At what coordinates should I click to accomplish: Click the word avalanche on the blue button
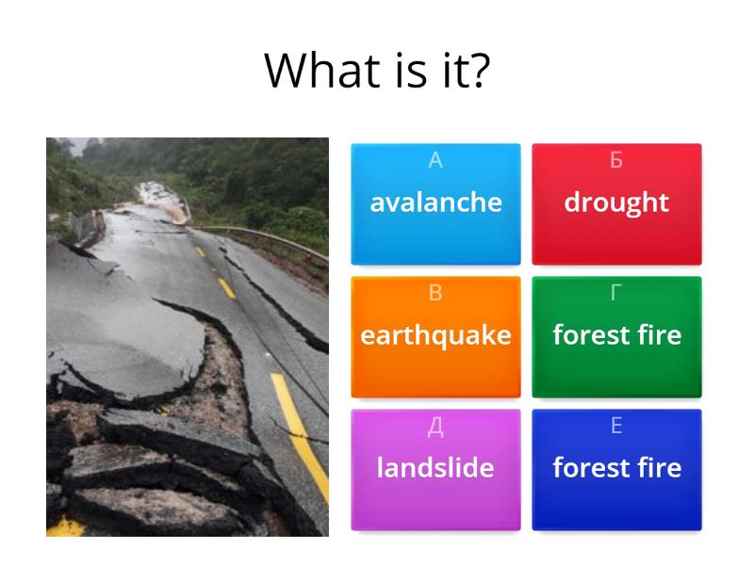coord(435,202)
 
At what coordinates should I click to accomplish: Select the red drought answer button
coord(616,202)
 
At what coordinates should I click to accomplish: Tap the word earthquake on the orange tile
coord(435,335)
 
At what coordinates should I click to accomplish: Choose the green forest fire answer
coord(616,335)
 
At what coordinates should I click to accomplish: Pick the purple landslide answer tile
coord(435,468)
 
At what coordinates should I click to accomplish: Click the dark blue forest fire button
coord(616,468)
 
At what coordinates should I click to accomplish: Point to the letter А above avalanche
coord(435,161)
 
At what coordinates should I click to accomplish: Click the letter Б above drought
coord(616,161)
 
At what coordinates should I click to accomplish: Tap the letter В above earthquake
coord(435,294)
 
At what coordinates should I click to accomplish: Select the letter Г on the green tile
coord(616,294)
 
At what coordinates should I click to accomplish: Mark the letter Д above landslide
coord(435,427)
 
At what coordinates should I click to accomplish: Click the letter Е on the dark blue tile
coord(616,427)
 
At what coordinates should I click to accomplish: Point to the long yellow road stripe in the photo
coord(300,424)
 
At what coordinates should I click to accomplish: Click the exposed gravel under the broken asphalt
coord(221,377)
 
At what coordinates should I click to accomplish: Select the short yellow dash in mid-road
coord(225,287)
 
